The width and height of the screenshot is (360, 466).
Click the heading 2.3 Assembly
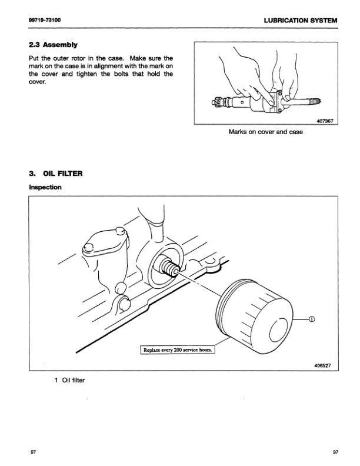53,45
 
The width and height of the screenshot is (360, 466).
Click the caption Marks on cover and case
265,132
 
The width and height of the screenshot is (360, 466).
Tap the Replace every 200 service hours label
177,349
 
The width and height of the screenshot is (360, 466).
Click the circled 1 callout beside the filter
312,319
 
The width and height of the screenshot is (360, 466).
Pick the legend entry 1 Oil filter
69,380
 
